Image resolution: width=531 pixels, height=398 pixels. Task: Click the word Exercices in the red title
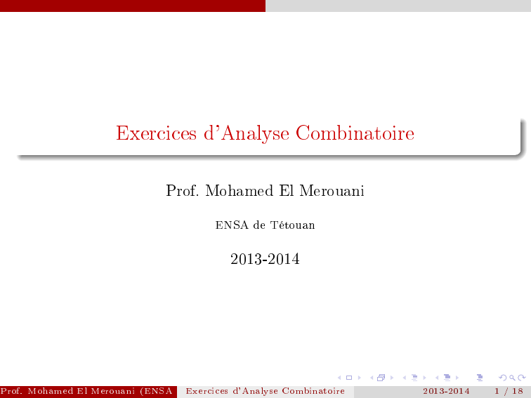(156, 133)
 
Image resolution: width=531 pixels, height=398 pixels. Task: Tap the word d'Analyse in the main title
(247, 133)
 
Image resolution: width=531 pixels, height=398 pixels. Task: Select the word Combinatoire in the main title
(355, 133)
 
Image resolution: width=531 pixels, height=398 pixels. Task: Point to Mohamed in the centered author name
(239, 190)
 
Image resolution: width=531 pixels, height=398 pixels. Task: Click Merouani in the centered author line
(332, 190)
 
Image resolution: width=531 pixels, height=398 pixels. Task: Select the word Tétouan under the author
(293, 225)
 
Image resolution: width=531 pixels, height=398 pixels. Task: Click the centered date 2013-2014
(265, 259)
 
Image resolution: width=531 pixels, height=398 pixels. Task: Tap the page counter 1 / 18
(509, 391)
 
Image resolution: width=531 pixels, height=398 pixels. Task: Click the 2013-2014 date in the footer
(446, 391)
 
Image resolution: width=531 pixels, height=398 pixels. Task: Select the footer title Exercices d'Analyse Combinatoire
(265, 391)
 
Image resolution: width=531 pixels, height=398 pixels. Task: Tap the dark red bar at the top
(133, 6)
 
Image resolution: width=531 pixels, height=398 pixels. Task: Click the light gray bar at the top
(398, 6)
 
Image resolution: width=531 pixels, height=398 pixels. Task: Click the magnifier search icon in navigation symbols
(512, 378)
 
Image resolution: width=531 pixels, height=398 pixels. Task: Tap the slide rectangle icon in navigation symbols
(349, 378)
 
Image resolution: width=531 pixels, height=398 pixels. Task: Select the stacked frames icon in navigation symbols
(381, 378)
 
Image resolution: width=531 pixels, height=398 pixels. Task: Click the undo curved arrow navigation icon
(503, 378)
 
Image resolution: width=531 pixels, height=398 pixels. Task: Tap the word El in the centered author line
(286, 190)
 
